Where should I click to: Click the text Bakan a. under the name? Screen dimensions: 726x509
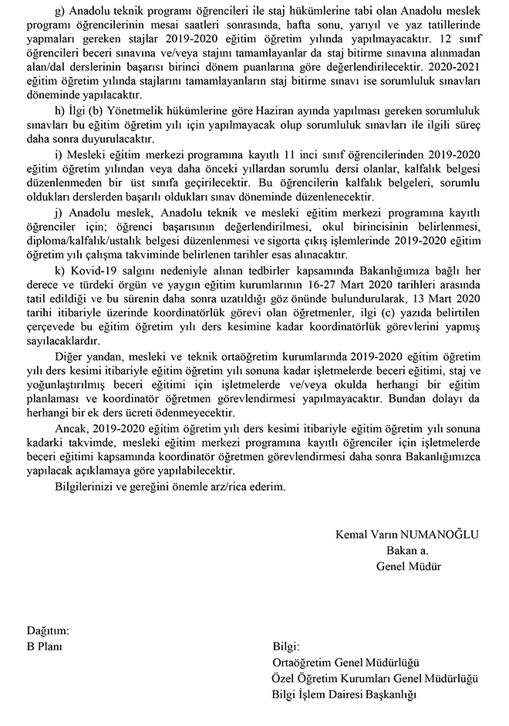point(407,550)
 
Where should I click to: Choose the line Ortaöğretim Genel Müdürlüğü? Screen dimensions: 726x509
point(345,662)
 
